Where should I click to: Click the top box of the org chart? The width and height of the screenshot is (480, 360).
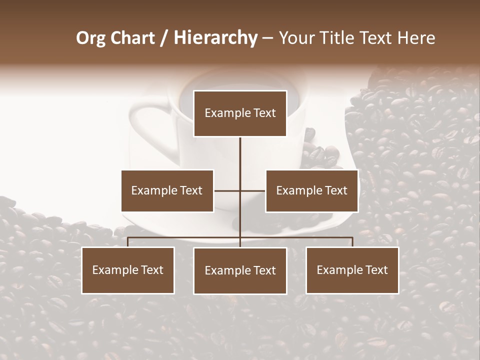(x=240, y=113)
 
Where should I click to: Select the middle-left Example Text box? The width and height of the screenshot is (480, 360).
(x=167, y=190)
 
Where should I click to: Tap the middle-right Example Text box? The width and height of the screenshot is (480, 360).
(x=311, y=190)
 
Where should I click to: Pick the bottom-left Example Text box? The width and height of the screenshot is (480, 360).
(x=128, y=270)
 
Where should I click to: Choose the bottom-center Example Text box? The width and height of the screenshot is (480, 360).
(x=240, y=270)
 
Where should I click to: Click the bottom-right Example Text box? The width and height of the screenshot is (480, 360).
(x=352, y=270)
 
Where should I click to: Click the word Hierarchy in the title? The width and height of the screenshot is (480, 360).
(x=215, y=38)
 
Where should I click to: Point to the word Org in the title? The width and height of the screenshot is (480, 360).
(x=91, y=38)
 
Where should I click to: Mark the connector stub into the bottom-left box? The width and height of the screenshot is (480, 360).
(x=128, y=242)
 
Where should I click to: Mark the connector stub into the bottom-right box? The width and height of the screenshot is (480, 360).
(x=352, y=242)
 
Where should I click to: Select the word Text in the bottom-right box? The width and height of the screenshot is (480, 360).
(x=376, y=270)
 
